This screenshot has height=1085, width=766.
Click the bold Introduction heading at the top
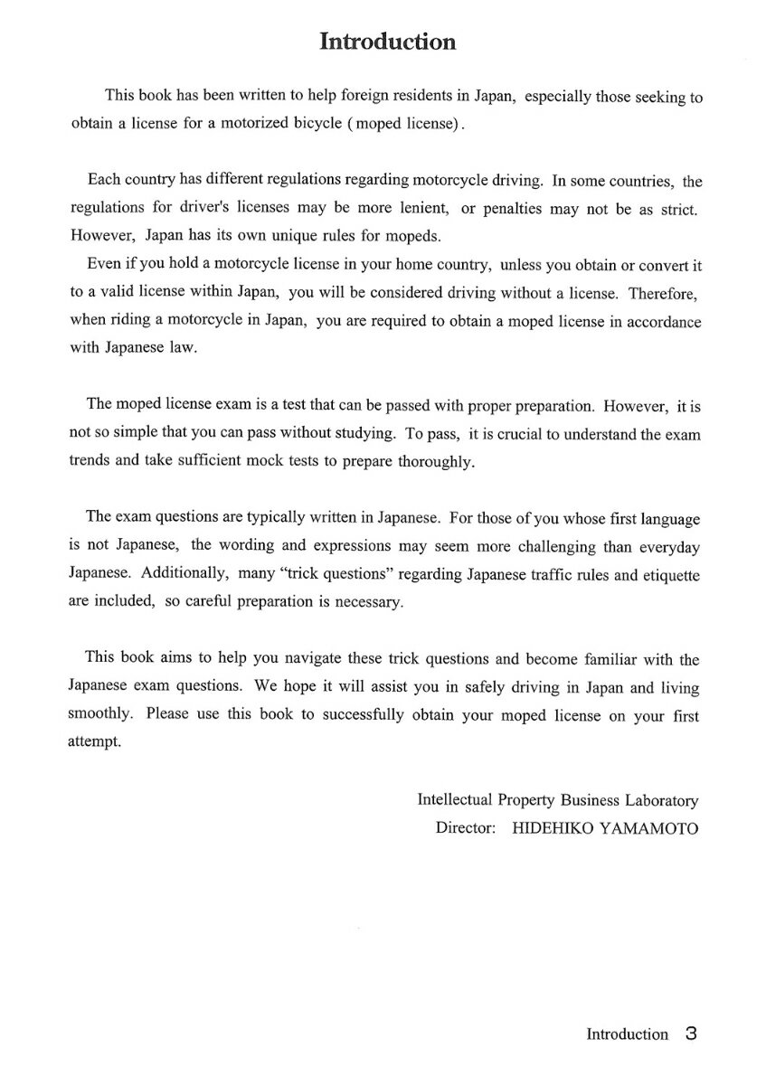coord(387,42)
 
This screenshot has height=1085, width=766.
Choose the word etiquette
coord(667,574)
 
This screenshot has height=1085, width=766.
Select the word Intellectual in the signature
coord(454,800)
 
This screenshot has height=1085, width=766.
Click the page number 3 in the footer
coord(691,1033)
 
